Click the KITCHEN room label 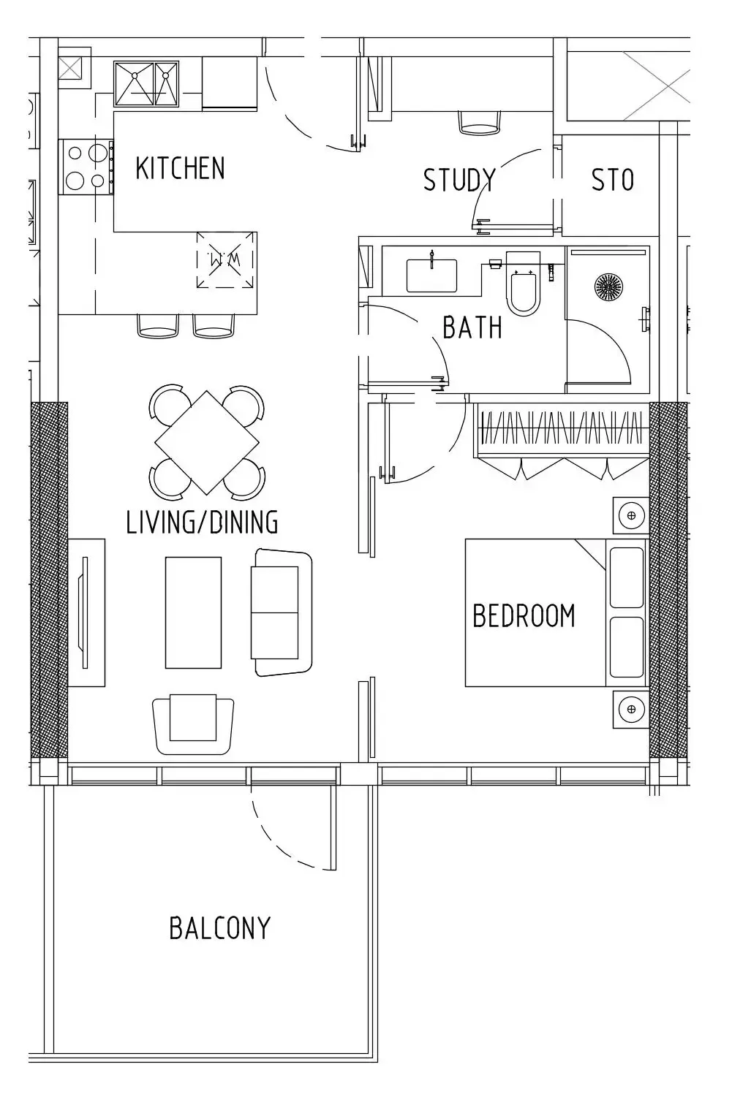pos(180,168)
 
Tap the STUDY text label pos(459,179)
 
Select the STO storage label pos(613,179)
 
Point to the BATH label pos(472,327)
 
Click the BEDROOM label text pos(524,615)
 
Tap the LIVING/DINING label pos(202,522)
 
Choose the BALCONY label pos(219,927)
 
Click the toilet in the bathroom pos(523,284)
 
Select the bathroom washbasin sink pos(431,276)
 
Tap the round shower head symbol pos(608,286)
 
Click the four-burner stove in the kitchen pos(87,167)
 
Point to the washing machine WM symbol pos(227,260)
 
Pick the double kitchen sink pos(146,84)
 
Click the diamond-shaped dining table pos(207,442)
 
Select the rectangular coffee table pos(193,612)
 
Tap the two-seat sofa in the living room pos(282,612)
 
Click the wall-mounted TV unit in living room pos(86,612)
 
